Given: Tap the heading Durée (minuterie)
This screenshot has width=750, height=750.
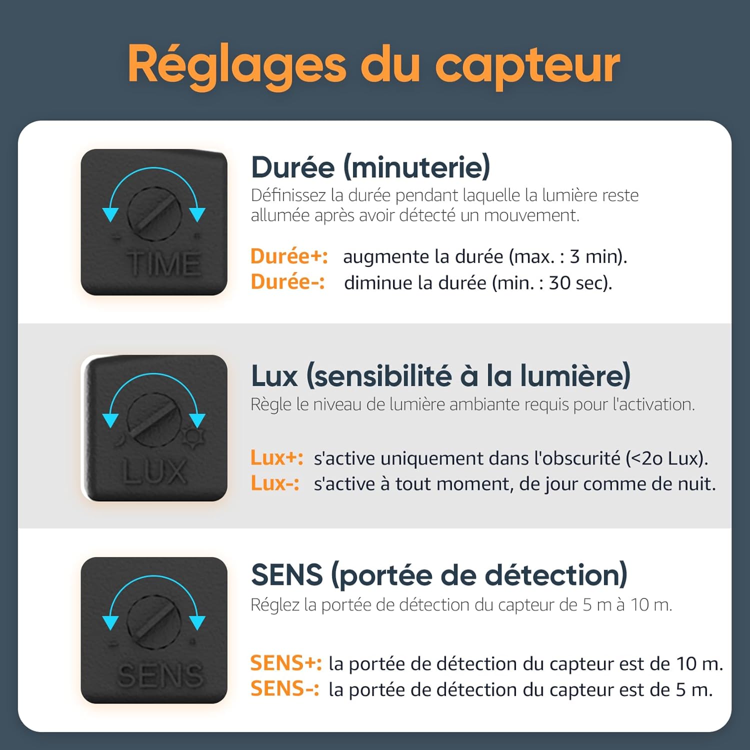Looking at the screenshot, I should click(370, 167).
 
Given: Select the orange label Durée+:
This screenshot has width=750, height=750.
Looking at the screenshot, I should click(289, 256).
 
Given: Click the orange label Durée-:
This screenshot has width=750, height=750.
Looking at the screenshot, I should click(287, 282).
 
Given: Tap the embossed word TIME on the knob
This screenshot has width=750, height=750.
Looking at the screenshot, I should click(163, 263).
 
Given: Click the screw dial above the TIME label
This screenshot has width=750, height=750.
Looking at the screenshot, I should click(153, 213).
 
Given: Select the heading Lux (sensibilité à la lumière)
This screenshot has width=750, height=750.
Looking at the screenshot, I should click(440, 376).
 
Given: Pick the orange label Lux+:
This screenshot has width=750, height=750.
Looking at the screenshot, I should click(276, 458).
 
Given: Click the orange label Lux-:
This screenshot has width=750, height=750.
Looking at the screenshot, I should click(275, 483).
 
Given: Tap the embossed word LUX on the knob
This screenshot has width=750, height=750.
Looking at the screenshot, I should click(154, 471).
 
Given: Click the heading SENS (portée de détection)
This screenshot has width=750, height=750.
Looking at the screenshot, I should click(438, 575).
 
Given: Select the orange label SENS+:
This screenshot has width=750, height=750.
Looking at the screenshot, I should click(286, 663).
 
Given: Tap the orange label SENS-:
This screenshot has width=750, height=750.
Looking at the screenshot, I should click(284, 689).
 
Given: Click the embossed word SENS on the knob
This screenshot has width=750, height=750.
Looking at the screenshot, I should click(160, 675).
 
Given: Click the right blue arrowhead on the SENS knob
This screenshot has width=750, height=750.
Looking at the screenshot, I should click(197, 622).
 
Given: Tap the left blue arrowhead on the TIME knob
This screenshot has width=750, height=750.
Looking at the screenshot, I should click(110, 214).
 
